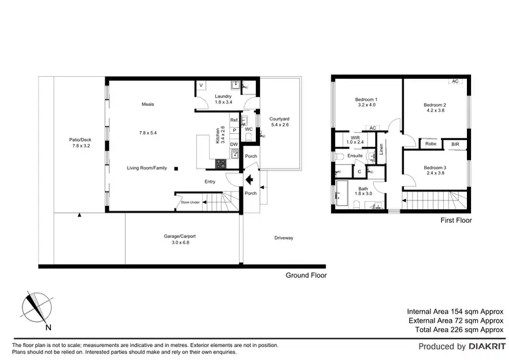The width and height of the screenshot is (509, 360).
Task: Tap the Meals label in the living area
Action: (x=148, y=104)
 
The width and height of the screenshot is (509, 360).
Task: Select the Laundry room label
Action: (x=223, y=96)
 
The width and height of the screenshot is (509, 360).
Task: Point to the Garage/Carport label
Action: (x=181, y=237)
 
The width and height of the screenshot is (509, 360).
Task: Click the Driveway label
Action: (x=284, y=238)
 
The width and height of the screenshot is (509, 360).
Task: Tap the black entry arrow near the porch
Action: (x=249, y=180)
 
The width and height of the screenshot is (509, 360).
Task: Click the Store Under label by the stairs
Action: (x=190, y=202)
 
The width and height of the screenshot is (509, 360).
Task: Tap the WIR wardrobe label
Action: (x=355, y=138)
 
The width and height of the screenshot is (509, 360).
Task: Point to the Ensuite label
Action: (x=355, y=156)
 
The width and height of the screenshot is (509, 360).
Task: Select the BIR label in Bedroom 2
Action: (x=455, y=143)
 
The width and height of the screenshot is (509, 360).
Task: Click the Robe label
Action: (x=430, y=143)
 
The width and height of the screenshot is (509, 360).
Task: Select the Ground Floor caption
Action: (x=305, y=275)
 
